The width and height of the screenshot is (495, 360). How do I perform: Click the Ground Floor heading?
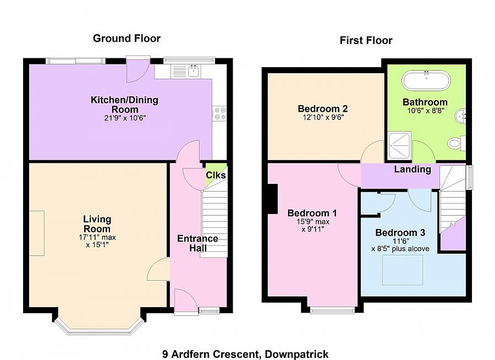127,38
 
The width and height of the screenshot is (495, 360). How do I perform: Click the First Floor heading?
366,40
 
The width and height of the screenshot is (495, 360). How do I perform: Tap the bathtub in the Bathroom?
426,81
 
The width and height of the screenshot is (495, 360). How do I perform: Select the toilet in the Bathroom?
456,143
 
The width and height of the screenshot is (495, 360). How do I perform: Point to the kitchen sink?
193,70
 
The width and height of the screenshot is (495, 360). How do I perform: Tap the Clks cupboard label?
215,175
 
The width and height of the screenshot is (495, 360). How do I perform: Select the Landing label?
412,170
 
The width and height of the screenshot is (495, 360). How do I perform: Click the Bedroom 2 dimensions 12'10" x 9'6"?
322,117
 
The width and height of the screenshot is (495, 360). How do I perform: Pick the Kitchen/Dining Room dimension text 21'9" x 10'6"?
124,118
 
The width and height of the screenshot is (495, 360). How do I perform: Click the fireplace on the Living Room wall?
37,233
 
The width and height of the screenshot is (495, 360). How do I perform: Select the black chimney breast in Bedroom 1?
271,199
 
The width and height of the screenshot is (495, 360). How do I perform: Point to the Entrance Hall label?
197,243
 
